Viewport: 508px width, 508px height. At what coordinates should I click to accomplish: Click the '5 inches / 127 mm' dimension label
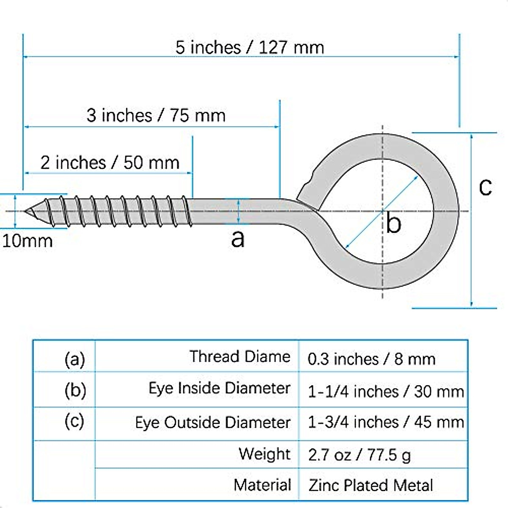250,47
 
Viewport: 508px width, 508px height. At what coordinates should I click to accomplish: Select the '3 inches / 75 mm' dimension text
156,115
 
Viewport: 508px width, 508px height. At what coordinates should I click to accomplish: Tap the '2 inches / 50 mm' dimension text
110,163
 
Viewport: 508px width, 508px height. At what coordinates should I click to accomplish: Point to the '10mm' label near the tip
28,241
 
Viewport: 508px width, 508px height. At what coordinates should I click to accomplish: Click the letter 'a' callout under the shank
238,239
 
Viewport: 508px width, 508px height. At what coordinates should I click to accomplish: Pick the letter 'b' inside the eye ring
393,224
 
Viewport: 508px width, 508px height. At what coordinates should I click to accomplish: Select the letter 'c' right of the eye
485,187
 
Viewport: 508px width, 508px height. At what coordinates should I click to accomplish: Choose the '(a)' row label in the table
75,359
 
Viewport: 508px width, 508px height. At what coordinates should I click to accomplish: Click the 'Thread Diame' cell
240,356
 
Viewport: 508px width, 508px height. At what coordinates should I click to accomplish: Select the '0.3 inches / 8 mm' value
371,359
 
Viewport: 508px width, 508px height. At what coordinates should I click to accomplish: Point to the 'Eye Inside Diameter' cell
219,388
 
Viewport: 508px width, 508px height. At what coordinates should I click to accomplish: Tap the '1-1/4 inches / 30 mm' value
386,392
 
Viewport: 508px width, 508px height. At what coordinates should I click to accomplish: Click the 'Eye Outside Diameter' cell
213,422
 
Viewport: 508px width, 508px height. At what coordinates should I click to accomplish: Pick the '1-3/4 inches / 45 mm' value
386,422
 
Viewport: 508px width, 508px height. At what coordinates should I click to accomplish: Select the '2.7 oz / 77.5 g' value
359,455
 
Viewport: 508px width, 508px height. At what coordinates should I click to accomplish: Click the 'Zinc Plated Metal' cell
371,485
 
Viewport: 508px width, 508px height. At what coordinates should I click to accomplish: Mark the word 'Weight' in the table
265,454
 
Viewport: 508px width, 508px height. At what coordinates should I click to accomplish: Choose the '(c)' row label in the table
75,421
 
